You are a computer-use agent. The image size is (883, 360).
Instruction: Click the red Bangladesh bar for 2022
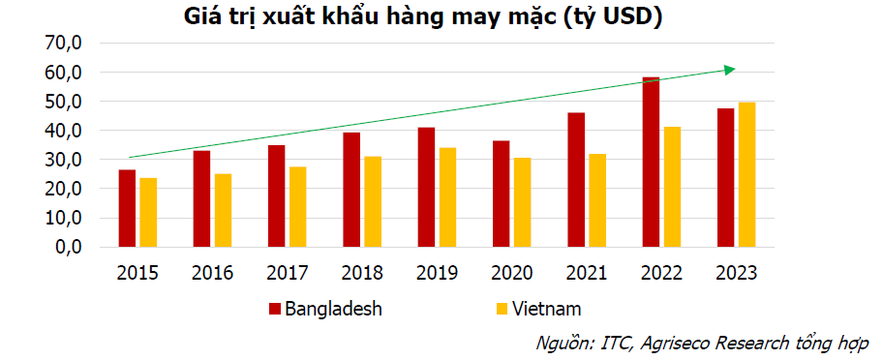click(651, 162)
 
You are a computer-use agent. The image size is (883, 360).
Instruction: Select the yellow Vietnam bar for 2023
click(746, 174)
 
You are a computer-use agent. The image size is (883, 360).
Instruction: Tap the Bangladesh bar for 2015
click(127, 208)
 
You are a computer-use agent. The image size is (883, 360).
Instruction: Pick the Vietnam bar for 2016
click(223, 210)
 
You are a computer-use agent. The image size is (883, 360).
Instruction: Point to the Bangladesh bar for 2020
click(502, 194)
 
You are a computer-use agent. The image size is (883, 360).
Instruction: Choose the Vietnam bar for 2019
click(447, 197)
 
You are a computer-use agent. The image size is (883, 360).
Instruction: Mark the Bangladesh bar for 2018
click(351, 190)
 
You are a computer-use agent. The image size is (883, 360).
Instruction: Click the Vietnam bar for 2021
click(597, 200)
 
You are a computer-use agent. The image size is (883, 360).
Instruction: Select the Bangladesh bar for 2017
click(277, 195)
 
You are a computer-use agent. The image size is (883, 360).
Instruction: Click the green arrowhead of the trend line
click(730, 69)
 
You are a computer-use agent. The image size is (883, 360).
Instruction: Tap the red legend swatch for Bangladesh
click(274, 309)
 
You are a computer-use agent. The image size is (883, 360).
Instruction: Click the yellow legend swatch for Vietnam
click(502, 309)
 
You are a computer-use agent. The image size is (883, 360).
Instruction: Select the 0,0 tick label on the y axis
click(67, 248)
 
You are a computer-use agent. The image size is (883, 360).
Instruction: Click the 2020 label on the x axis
click(512, 273)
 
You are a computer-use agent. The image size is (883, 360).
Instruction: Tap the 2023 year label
click(737, 273)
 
